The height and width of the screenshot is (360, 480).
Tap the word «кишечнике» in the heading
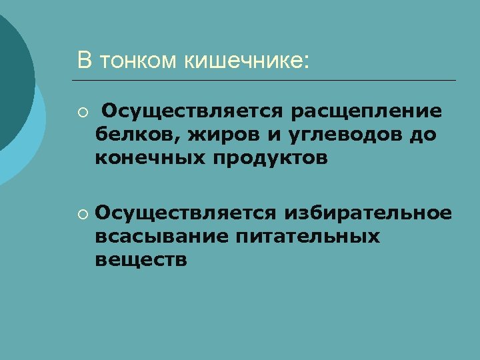coord(246,61)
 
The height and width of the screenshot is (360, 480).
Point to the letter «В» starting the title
coord(84,61)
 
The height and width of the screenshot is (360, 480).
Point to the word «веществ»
coord(141,260)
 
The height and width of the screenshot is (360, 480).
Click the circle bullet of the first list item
coord(81,111)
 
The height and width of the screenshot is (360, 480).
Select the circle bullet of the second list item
coord(81,214)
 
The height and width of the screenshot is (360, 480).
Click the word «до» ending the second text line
coord(424,134)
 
